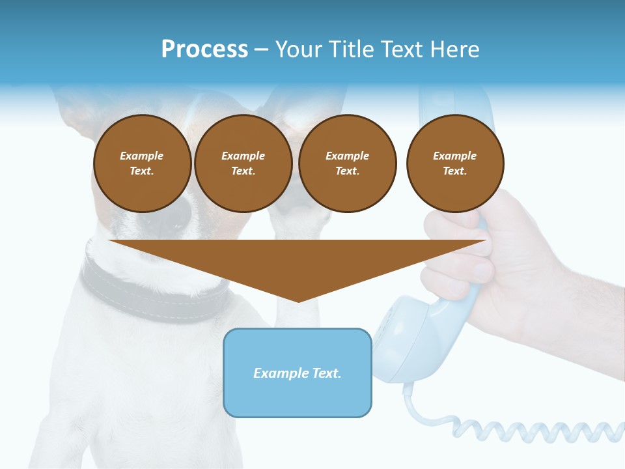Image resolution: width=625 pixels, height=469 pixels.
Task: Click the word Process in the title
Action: (x=204, y=50)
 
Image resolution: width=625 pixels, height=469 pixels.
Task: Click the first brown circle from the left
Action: (x=142, y=163)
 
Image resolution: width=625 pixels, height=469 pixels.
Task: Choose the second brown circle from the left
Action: (x=243, y=163)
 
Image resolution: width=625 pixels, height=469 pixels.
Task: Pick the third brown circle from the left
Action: (x=347, y=163)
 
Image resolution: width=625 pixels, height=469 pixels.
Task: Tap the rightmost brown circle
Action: (x=455, y=163)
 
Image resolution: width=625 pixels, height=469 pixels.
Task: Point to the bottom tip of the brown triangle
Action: (x=298, y=300)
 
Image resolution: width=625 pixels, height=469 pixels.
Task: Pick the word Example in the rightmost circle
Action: (x=455, y=156)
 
